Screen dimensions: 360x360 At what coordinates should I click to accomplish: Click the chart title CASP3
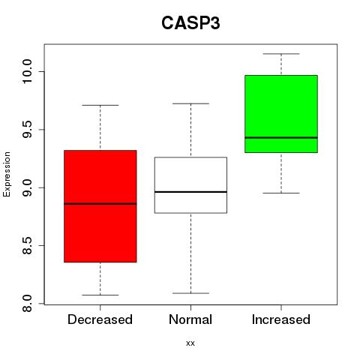click(x=190, y=23)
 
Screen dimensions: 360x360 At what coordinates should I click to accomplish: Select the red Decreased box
click(x=100, y=206)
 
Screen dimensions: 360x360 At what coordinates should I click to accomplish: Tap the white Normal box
click(x=190, y=185)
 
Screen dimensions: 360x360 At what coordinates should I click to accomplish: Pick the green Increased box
click(x=281, y=114)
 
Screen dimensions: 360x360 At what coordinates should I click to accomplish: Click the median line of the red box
click(x=100, y=204)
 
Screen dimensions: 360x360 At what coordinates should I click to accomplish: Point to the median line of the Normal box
click(x=190, y=192)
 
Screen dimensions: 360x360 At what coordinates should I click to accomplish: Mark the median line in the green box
click(x=281, y=137)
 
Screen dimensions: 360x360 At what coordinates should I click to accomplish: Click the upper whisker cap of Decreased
click(x=100, y=105)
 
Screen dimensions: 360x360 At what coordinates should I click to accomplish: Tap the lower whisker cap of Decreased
click(x=100, y=295)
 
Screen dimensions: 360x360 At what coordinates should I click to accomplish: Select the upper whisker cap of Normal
click(x=190, y=103)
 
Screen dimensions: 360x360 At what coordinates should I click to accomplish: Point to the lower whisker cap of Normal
click(x=190, y=293)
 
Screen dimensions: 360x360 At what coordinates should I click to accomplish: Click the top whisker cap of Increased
click(x=281, y=54)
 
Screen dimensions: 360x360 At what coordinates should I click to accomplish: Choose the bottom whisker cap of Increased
click(x=281, y=193)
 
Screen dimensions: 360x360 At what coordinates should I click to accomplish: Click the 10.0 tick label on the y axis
click(x=27, y=72)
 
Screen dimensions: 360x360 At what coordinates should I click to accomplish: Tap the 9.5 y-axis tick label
click(x=27, y=130)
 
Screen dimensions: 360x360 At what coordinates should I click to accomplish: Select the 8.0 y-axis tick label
click(x=27, y=304)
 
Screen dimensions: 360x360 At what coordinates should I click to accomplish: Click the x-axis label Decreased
click(x=100, y=319)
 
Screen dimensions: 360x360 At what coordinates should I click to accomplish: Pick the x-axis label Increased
click(x=281, y=319)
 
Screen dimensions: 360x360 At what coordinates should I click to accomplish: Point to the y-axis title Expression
click(x=7, y=174)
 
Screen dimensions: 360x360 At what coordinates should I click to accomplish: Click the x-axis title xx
click(x=190, y=343)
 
